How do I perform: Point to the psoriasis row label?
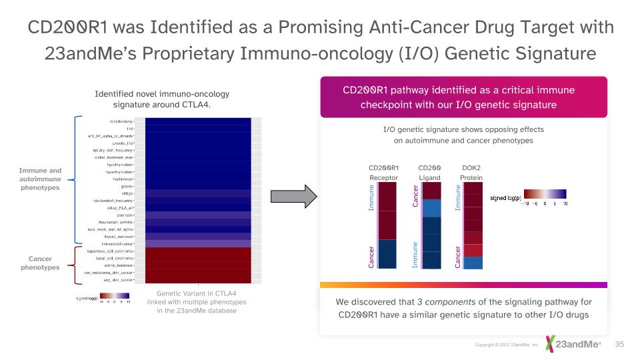point(125,215)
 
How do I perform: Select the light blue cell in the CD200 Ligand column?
point(431,209)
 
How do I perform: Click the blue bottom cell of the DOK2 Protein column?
point(473,263)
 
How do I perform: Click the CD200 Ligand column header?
point(430,173)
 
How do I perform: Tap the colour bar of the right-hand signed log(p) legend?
point(545,193)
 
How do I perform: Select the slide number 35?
point(619,344)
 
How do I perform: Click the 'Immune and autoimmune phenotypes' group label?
point(40,179)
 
